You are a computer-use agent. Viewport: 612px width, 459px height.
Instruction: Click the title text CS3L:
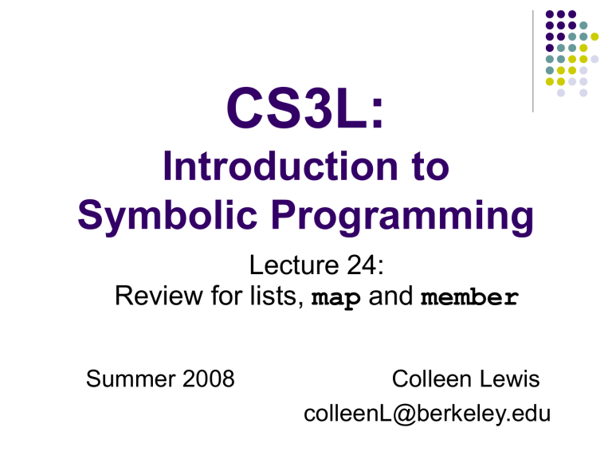coord(305,108)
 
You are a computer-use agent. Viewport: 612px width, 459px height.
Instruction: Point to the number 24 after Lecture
coord(361,265)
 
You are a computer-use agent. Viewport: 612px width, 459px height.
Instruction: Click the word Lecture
coord(294,265)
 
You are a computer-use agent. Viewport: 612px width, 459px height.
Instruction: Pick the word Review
coord(159,296)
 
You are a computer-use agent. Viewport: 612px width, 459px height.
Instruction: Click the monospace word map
coord(335,298)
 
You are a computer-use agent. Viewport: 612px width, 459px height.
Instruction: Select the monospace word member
coord(470,296)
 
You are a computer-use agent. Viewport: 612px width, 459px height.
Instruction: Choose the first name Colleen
coord(432,379)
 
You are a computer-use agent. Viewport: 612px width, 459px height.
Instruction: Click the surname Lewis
coord(509,379)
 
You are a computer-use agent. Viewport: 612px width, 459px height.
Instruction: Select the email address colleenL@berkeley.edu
coord(427,414)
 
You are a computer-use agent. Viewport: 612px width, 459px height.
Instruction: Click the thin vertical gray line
coord(533,61)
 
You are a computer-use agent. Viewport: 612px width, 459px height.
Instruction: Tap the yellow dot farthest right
coord(594,37)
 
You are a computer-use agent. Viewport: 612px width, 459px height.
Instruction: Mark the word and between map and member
coord(390,296)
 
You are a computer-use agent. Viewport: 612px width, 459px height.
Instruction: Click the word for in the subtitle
coord(226,296)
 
